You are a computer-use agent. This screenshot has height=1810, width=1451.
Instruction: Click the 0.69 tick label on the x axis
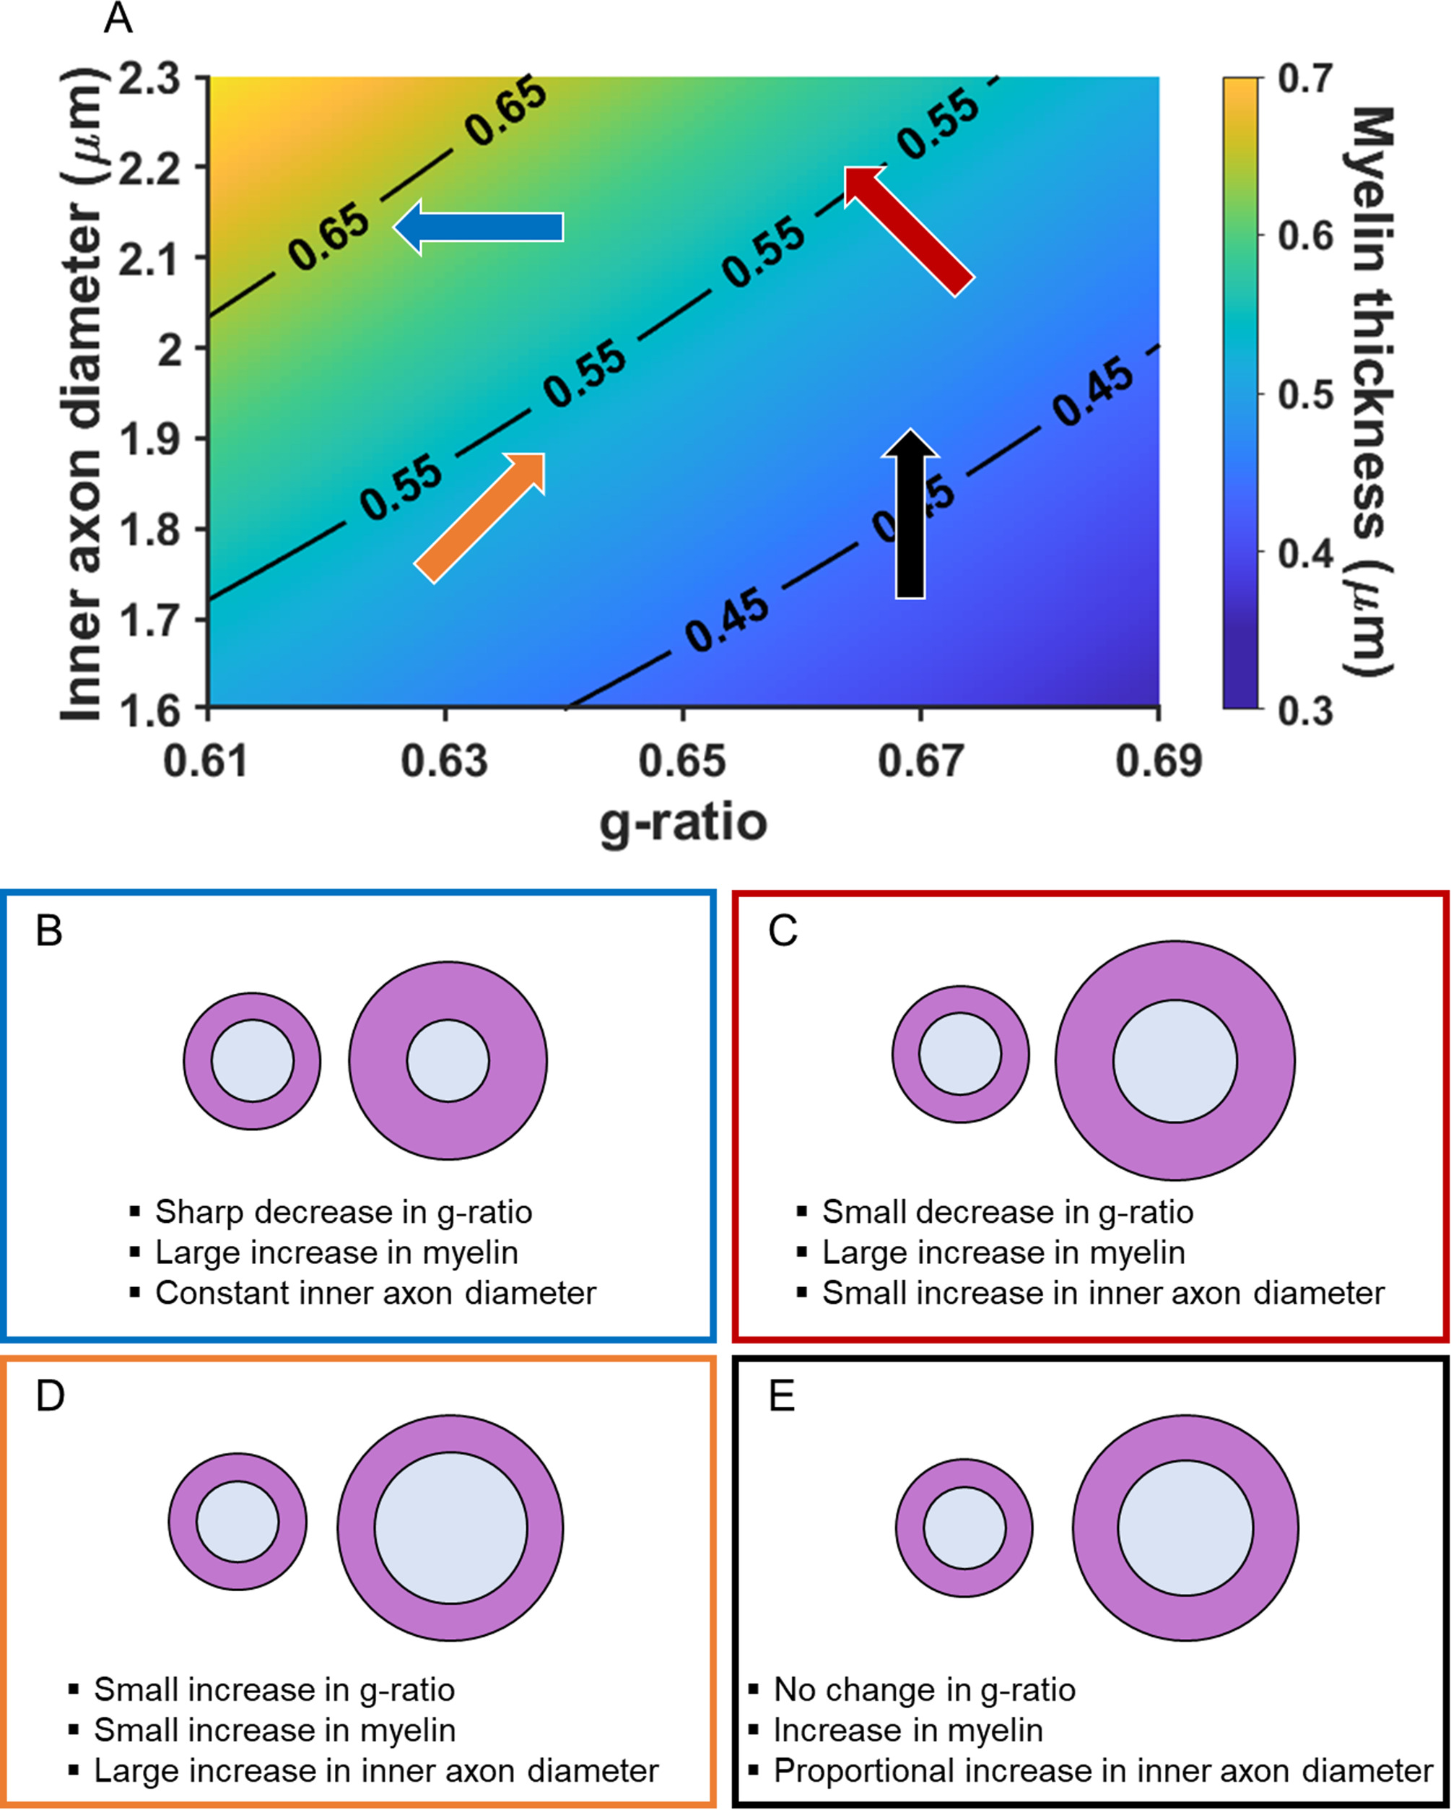[1158, 761]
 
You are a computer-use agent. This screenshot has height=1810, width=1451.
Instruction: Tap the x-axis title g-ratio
[683, 823]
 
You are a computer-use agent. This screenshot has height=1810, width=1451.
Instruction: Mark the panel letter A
[118, 19]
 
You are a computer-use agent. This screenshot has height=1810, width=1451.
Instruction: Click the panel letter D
[50, 1395]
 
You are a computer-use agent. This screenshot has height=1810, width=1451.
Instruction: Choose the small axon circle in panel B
[252, 1060]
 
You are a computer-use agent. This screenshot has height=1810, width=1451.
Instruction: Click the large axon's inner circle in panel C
[1175, 1060]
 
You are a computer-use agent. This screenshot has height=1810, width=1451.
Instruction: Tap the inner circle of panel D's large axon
[450, 1528]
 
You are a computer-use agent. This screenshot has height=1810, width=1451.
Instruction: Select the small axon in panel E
[964, 1527]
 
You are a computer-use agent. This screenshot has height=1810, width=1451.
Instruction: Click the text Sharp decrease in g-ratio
[343, 1212]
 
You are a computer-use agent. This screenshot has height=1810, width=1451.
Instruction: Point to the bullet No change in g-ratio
[924, 1689]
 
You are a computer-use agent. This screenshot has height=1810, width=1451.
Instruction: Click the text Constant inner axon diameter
[375, 1293]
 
